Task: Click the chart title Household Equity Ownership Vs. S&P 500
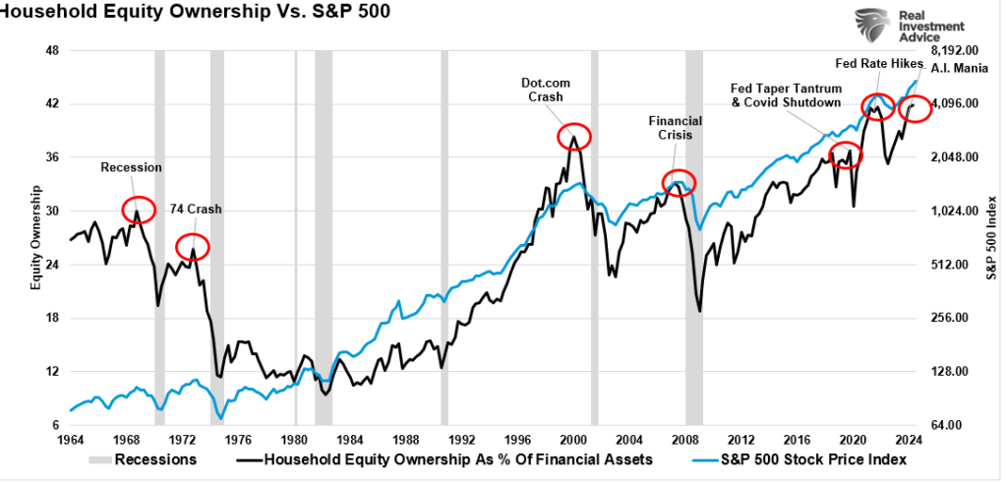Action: coord(167,13)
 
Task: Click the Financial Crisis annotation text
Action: coord(675,127)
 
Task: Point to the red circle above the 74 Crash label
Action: coord(192,245)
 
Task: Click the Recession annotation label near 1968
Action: coord(131,167)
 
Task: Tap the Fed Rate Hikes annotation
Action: coord(879,64)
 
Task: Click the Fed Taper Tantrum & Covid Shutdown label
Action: coord(786,95)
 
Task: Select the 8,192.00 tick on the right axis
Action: coord(957,50)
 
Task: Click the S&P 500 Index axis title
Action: coord(993,237)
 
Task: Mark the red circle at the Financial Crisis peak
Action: coord(679,182)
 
